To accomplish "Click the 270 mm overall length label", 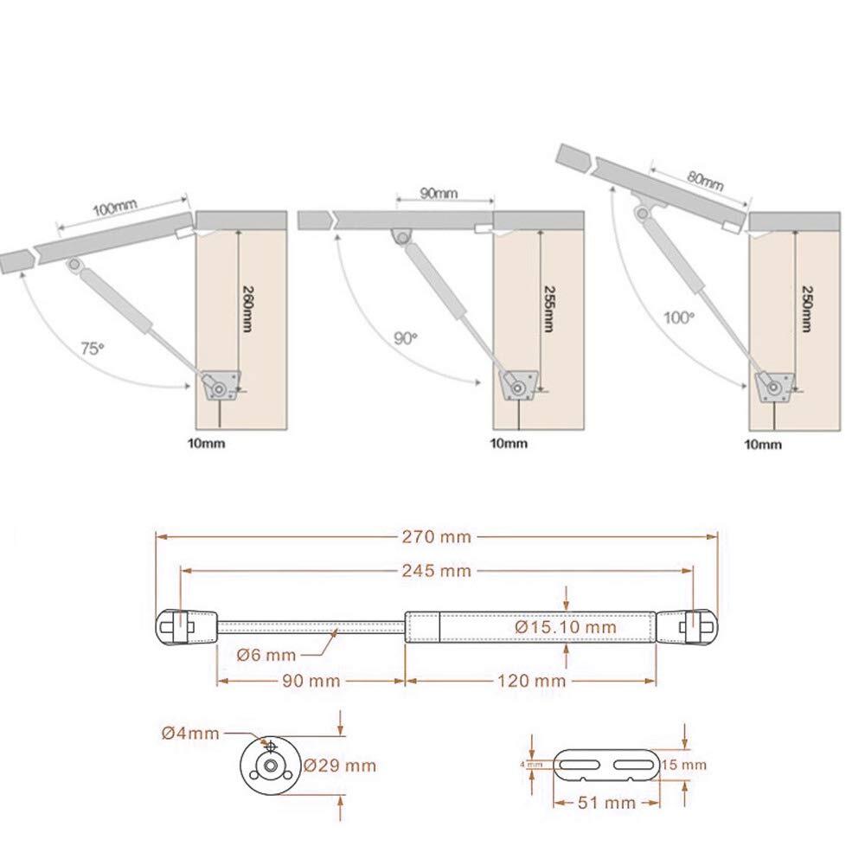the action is pos(436,537).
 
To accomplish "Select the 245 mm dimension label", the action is pos(436,570).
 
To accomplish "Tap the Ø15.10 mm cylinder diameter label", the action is pos(566,626).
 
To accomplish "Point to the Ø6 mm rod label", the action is pos(266,655).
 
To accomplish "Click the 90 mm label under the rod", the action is pos(311,681).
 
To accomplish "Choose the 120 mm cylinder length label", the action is pos(532,681).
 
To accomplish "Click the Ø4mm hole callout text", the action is pos(190,734).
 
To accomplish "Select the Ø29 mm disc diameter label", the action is pos(340,766).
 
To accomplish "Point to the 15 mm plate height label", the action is pos(684,765).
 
